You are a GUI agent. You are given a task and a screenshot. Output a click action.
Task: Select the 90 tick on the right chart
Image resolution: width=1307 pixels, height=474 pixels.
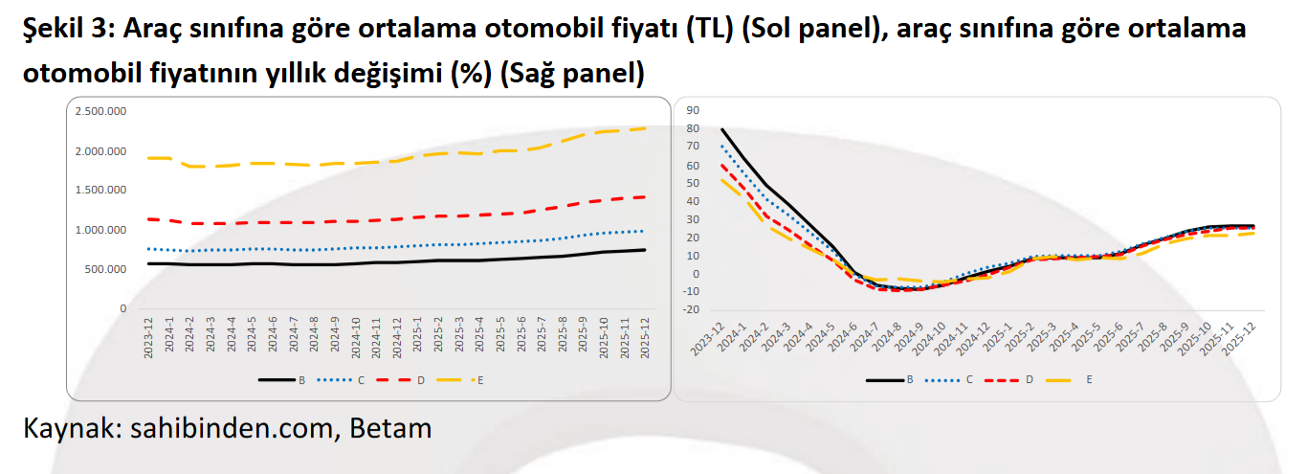click(694, 110)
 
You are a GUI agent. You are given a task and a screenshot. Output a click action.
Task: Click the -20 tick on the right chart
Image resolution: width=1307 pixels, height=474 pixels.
click(691, 310)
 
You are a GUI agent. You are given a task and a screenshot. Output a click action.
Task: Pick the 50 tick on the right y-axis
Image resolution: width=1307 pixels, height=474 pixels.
click(694, 183)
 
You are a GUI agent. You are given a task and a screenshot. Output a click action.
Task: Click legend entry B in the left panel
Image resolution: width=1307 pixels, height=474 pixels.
click(300, 380)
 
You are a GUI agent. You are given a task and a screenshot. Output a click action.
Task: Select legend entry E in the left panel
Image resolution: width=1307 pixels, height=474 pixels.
click(479, 380)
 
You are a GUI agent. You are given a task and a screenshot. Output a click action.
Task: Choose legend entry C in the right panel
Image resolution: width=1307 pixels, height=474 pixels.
click(968, 379)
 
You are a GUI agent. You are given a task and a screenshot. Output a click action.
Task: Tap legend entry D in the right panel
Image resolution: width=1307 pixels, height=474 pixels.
click(1029, 379)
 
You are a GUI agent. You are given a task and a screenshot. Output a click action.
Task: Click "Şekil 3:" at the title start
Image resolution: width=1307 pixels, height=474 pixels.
click(67, 29)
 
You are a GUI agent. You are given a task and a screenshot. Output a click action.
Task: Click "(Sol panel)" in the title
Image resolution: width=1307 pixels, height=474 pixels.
click(808, 29)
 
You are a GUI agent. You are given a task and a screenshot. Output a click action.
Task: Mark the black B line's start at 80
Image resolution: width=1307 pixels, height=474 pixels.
click(722, 129)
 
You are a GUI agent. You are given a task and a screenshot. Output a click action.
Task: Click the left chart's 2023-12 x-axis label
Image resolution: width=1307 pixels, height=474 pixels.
click(150, 339)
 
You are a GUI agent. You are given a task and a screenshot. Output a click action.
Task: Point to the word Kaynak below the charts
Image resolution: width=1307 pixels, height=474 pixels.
click(67, 428)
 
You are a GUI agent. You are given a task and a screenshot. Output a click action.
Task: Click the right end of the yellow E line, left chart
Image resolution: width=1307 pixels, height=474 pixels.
click(645, 128)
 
